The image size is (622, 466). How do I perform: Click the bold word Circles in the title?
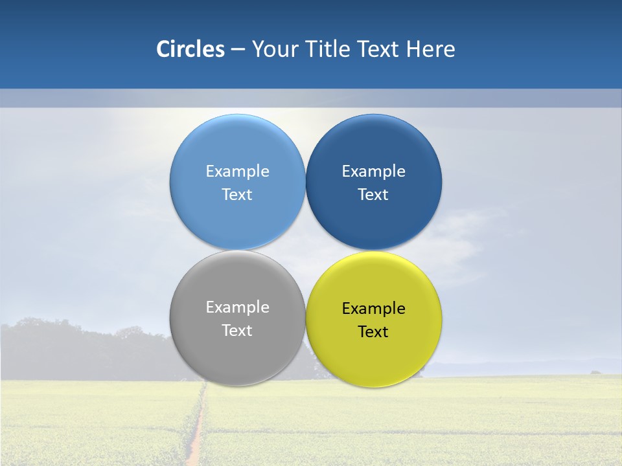[190, 49]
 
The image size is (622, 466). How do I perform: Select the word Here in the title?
[430, 49]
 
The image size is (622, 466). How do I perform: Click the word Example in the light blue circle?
[237, 172]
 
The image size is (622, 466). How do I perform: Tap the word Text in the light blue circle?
[237, 195]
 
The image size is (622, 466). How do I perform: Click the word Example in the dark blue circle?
[373, 172]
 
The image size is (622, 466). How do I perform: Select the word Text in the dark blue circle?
[373, 195]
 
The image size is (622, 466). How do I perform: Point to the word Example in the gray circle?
[237, 307]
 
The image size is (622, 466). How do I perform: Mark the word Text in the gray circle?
[237, 331]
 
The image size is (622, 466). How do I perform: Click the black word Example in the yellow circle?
[373, 309]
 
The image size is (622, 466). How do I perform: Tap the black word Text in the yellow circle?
[373, 332]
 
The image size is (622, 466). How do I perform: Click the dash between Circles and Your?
[238, 50]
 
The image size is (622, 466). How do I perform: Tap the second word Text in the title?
[380, 49]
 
